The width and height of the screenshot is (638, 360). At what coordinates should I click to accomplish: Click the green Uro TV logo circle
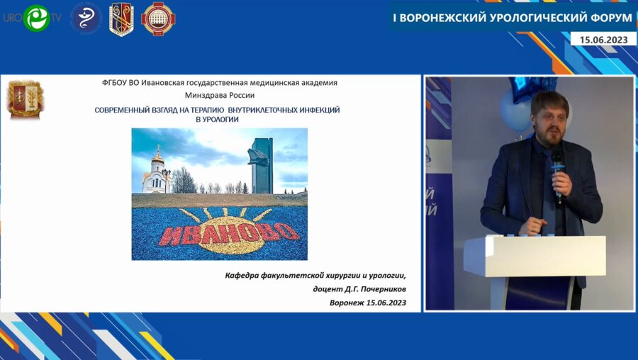click(x=36, y=18)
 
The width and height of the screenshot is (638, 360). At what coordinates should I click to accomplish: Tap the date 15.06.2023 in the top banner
click(x=603, y=40)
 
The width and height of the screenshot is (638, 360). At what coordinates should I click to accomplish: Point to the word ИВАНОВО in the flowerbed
click(x=219, y=232)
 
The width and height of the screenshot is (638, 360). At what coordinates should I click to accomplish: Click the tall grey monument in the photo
click(x=261, y=165)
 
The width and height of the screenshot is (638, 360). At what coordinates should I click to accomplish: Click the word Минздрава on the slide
click(x=206, y=95)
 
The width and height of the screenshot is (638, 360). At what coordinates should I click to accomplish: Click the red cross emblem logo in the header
click(x=158, y=18)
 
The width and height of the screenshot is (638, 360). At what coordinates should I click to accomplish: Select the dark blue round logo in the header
click(x=85, y=18)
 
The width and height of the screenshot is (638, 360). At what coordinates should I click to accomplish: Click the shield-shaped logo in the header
click(x=121, y=18)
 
